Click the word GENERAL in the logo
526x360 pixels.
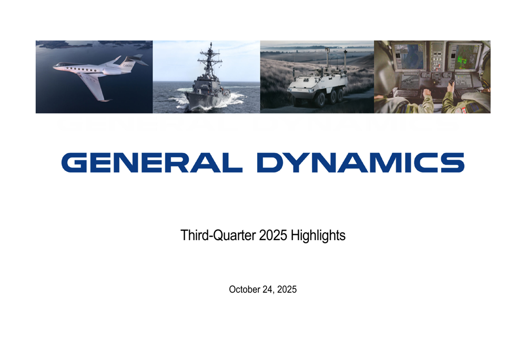coord(151,162)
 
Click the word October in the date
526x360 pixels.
coord(244,289)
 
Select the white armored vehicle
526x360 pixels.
coord(316,87)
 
